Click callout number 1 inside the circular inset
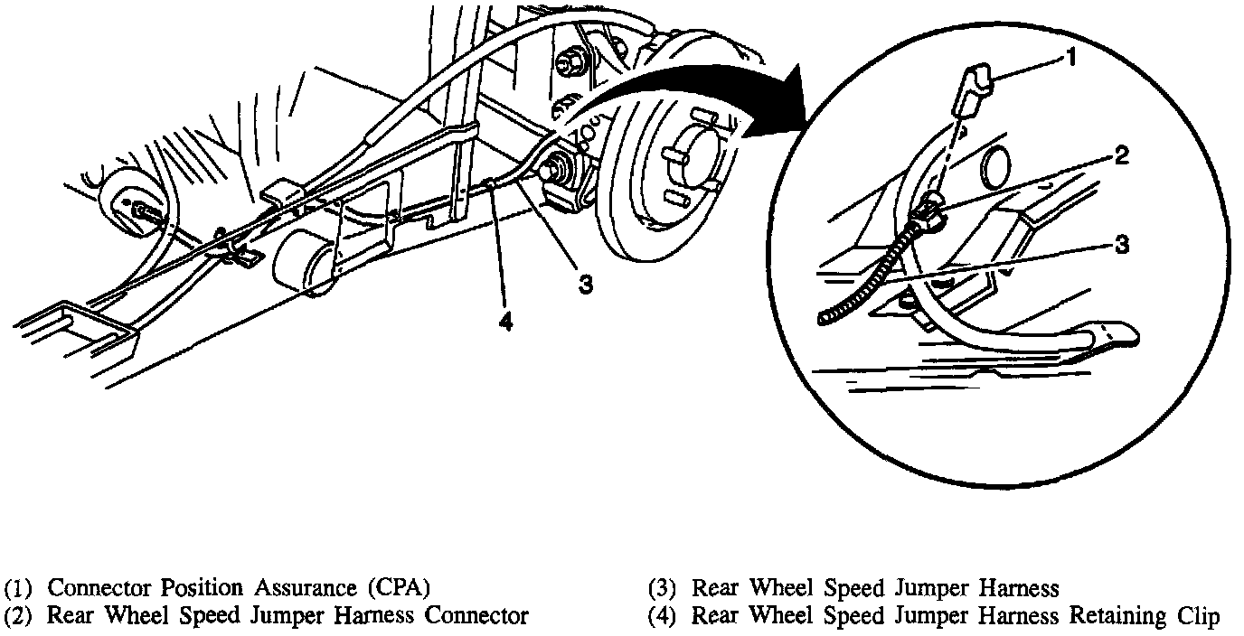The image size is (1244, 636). click(x=1070, y=59)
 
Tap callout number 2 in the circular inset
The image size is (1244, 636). click(x=1121, y=156)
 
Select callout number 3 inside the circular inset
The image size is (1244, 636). click(x=1121, y=244)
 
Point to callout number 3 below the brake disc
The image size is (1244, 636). click(x=586, y=284)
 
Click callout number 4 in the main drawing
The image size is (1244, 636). click(x=505, y=322)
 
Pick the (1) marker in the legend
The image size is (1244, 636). click(x=19, y=589)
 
